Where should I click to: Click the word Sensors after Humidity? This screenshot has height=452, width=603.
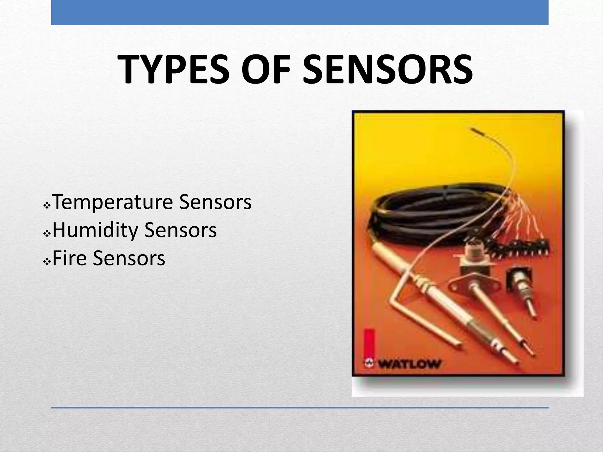point(181,230)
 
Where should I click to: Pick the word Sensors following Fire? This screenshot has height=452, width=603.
point(129,258)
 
